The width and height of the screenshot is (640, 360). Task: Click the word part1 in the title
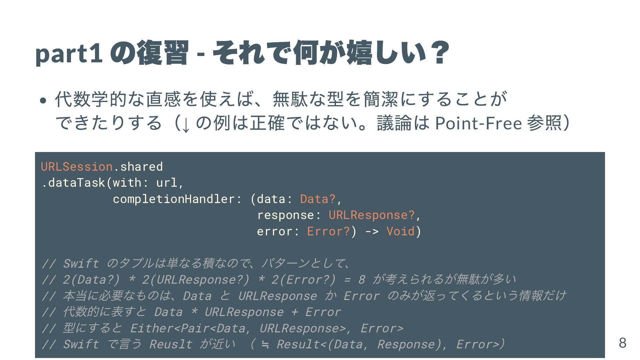coord(69,54)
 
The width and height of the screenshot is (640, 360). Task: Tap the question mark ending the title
coord(439,53)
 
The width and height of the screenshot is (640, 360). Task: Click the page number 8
coord(622,343)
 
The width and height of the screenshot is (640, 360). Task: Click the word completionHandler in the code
coord(174,199)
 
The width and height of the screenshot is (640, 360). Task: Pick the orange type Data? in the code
coord(318,199)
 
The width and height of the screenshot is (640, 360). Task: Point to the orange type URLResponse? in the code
coord(372,215)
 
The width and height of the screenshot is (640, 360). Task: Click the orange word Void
coord(400,231)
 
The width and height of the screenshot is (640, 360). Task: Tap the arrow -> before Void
coord(372,231)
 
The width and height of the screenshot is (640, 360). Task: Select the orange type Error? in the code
coord(328,231)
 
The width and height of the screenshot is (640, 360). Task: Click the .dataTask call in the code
coord(73,183)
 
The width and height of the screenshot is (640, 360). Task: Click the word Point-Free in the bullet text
coord(478,123)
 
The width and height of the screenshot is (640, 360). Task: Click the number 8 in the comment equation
coord(361,279)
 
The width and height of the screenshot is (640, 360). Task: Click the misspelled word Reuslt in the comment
coord(170,344)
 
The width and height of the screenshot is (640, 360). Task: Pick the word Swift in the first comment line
coord(81,263)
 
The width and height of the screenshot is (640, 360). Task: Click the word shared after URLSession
coord(141,166)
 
